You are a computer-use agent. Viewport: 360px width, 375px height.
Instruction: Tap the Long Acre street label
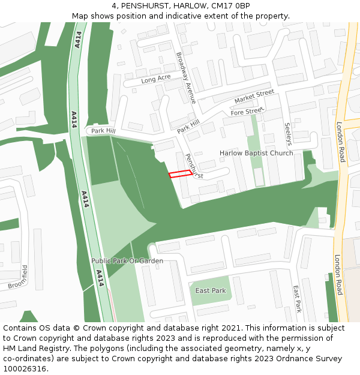156,79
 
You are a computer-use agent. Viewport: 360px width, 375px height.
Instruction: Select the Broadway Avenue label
185,77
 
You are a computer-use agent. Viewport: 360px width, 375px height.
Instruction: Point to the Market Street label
254,96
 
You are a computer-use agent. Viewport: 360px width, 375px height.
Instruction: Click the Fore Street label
247,111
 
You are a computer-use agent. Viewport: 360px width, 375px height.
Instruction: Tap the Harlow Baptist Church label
256,153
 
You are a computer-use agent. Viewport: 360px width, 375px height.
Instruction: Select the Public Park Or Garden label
127,261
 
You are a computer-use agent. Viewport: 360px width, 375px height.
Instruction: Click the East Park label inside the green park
211,290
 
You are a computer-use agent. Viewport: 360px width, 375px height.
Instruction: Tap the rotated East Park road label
296,299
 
